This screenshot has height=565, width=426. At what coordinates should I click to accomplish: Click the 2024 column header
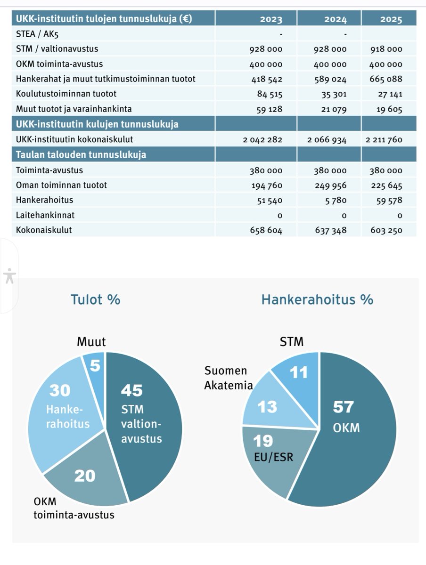coord(336,19)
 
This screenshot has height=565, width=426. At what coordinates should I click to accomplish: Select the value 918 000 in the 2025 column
coord(386,49)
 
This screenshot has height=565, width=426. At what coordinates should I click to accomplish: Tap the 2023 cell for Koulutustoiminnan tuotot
coord(270,94)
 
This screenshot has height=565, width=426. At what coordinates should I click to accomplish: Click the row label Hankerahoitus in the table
coord(45,200)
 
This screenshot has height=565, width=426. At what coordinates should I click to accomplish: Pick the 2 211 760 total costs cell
coord(384,139)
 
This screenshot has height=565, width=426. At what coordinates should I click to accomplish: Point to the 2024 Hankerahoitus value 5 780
coord(336,200)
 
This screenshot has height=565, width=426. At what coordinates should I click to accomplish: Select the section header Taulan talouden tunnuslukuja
coord(81,154)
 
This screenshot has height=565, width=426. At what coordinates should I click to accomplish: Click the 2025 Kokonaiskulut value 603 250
coord(386,230)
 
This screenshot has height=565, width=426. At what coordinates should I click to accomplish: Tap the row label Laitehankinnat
coord(45,215)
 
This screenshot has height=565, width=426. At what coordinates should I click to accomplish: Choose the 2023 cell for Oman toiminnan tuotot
coord(267,186)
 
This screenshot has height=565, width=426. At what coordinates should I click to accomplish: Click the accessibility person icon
coord(9,276)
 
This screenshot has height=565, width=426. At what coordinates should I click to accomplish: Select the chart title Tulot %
coord(95,299)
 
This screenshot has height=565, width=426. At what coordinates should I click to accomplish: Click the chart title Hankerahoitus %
coord(317,299)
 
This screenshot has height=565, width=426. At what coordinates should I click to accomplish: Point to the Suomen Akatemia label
coord(228,378)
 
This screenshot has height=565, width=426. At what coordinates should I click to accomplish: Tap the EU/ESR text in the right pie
coord(273,457)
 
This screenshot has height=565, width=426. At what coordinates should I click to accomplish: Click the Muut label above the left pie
coord(91,341)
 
